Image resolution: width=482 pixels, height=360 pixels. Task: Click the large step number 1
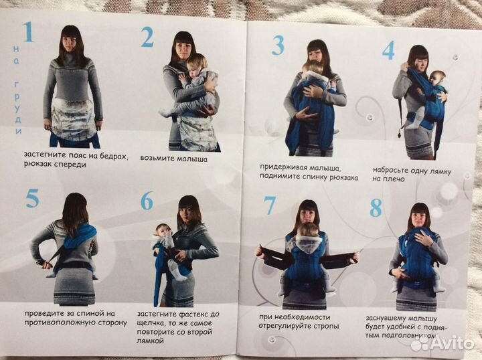click(28, 32)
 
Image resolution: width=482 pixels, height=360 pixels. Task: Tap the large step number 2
click(147, 37)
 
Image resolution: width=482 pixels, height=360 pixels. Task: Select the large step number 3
click(278, 46)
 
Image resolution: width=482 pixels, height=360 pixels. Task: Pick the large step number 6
click(147, 201)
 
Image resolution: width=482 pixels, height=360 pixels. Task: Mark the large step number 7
click(270, 205)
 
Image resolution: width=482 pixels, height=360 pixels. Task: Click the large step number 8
click(376, 207)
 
